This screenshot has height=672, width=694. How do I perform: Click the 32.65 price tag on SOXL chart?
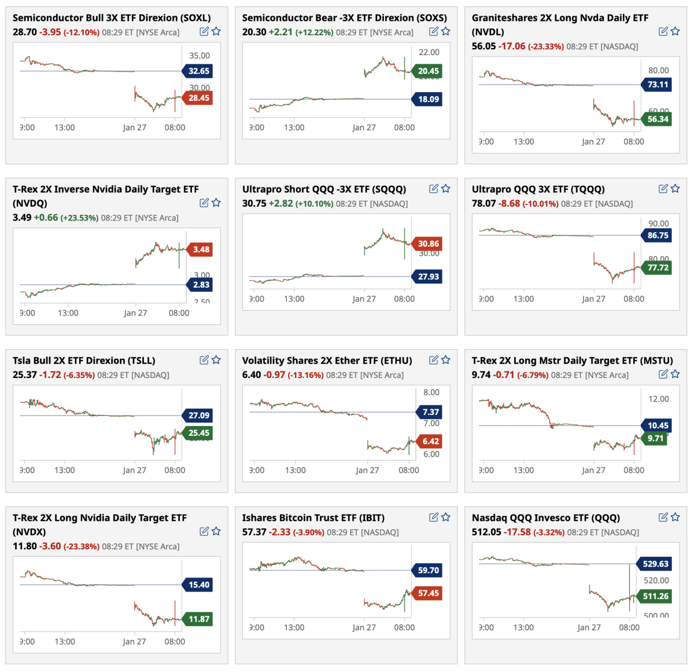click(198, 71)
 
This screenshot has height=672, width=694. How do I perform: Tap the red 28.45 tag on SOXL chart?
click(198, 98)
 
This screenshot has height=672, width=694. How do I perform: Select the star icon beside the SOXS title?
click(446, 31)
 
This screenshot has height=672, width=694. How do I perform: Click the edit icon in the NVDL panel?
click(663, 31)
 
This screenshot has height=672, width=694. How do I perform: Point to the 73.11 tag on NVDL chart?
click(658, 85)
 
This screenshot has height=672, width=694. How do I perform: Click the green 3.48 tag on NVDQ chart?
click(201, 249)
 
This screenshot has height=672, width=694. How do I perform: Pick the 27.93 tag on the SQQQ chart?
click(428, 277)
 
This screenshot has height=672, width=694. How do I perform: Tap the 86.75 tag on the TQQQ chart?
click(658, 235)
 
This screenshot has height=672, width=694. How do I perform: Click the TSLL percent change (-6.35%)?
click(79, 375)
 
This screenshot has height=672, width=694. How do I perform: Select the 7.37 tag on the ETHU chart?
click(430, 412)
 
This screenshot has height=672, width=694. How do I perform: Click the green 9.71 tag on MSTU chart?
click(655, 438)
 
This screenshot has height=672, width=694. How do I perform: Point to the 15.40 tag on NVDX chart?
click(198, 585)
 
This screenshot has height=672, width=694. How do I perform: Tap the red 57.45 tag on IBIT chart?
click(428, 593)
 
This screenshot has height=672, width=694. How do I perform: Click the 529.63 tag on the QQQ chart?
click(655, 564)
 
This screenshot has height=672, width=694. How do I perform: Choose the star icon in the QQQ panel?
click(675, 517)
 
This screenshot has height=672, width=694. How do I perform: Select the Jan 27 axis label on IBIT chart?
click(364, 627)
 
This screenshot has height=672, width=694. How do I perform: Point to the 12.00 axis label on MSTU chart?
click(658, 399)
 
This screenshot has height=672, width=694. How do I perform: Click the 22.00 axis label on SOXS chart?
click(429, 52)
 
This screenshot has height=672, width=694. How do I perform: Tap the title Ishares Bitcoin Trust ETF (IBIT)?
click(313, 518)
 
